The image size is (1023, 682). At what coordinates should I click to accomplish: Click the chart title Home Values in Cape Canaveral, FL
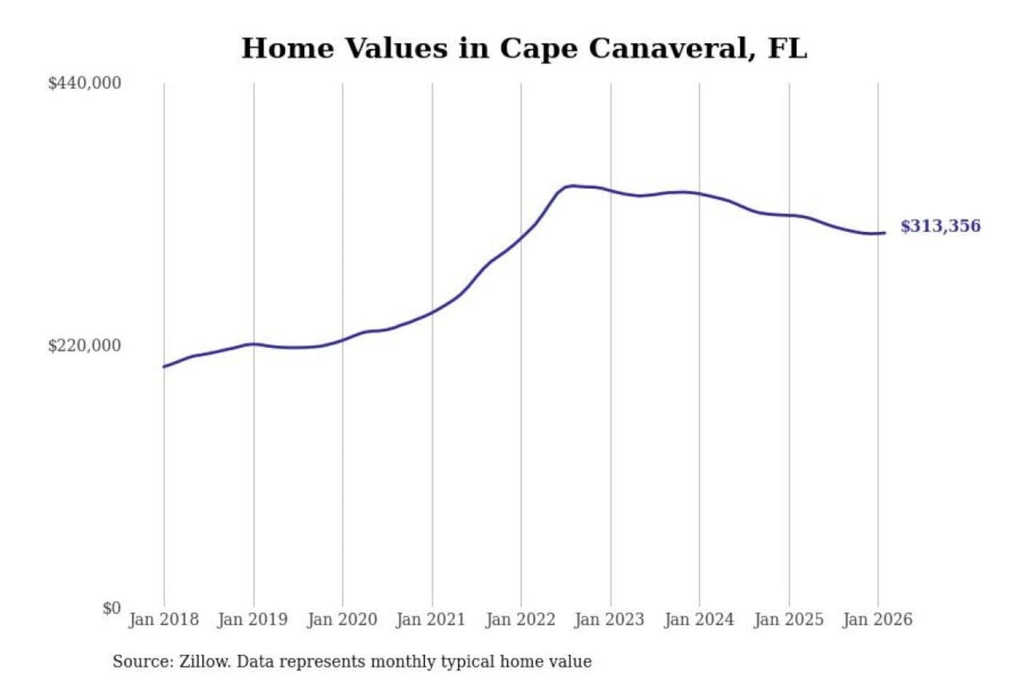[524, 48]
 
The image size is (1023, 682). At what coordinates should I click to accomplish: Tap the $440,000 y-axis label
[85, 83]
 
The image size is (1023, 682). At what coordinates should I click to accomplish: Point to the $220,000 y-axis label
[85, 346]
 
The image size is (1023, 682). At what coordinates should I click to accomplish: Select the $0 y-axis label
[111, 608]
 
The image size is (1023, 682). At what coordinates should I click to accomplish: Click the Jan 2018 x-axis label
[163, 619]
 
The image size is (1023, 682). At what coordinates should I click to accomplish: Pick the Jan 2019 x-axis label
[253, 619]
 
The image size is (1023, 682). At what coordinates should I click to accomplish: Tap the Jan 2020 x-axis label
[342, 619]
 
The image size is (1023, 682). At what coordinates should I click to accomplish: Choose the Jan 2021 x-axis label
[431, 619]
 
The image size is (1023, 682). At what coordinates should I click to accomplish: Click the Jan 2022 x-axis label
[520, 619]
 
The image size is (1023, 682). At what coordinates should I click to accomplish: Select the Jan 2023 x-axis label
[609, 619]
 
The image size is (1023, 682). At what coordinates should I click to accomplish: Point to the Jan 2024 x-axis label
[698, 619]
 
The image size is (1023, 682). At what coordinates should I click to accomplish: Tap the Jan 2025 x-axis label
[788, 619]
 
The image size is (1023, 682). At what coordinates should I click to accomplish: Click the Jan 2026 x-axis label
[877, 619]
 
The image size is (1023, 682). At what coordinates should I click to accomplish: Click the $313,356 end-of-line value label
[940, 226]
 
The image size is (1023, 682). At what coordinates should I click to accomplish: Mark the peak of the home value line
[572, 186]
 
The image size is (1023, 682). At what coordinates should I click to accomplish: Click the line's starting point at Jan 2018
[164, 367]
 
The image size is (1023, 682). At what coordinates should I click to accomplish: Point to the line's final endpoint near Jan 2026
[884, 232]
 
